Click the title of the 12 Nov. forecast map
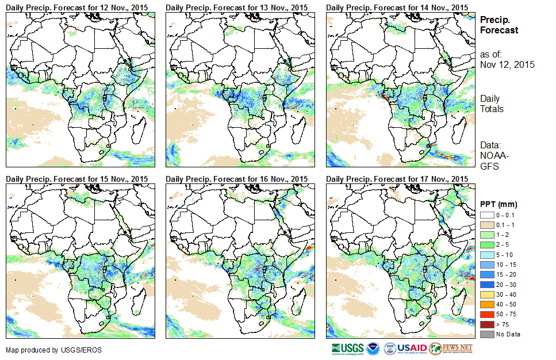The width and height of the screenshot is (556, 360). pyautogui.click(x=78, y=7)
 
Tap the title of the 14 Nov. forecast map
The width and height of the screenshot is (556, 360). pyautogui.click(x=397, y=7)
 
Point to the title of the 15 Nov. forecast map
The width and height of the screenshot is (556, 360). pyautogui.click(x=78, y=179)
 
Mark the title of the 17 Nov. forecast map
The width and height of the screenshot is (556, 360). pyautogui.click(x=397, y=179)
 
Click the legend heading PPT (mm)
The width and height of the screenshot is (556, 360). pyautogui.click(x=499, y=204)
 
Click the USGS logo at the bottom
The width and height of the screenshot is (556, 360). pyautogui.click(x=348, y=348)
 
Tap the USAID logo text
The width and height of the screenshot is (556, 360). pyautogui.click(x=412, y=348)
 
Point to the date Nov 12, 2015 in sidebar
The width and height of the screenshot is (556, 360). pyautogui.click(x=507, y=64)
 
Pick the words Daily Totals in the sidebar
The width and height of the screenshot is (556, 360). pyautogui.click(x=493, y=104)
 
